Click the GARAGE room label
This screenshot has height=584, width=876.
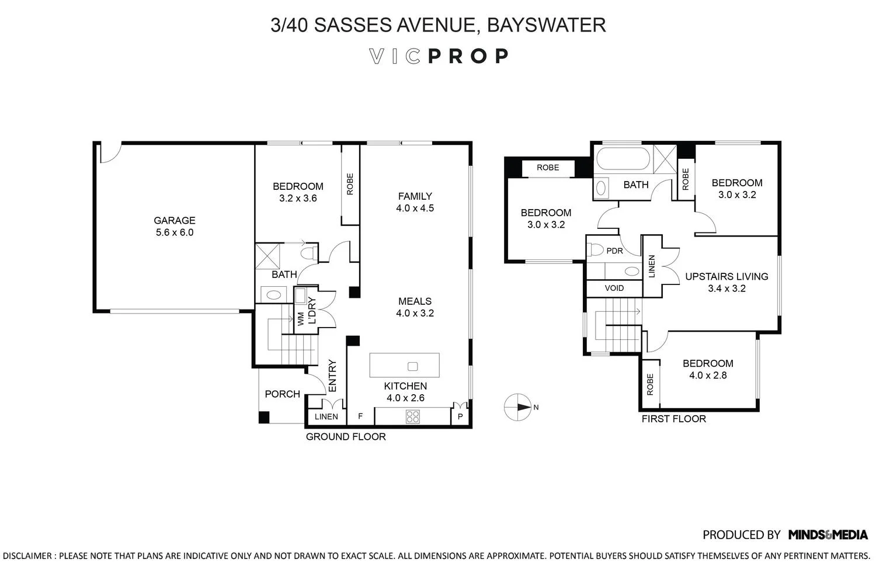[x=174, y=220]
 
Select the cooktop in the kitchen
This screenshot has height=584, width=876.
[x=412, y=416]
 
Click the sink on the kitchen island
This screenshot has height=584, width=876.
[x=412, y=366]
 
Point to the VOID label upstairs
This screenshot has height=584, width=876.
[x=614, y=288]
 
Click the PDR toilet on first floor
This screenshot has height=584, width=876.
[x=596, y=250]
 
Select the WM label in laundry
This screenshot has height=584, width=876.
[x=301, y=318]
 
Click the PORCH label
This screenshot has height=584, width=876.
[x=282, y=394]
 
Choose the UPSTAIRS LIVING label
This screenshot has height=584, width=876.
[x=726, y=276]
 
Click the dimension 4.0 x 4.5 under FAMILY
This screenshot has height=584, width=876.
[x=415, y=208]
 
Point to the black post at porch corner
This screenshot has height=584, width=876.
[x=264, y=417]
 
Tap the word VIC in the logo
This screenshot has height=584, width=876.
[x=395, y=56]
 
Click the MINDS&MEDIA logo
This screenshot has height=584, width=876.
[x=828, y=534]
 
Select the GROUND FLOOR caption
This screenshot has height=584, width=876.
[x=346, y=436]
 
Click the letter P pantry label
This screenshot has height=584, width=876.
[x=460, y=416]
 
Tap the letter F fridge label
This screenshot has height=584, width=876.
[x=360, y=416]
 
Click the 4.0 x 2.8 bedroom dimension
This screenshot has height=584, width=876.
[x=708, y=375]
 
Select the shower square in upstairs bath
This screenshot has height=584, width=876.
[x=665, y=158]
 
